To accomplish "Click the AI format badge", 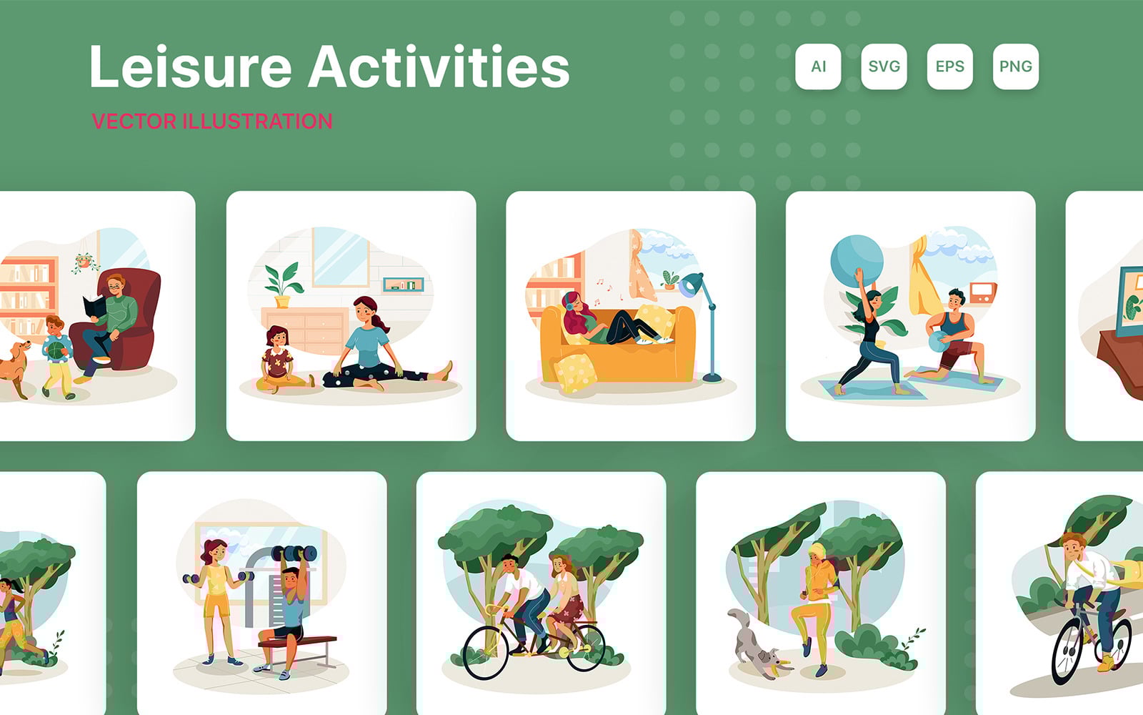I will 818,66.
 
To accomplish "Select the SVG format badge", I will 884,66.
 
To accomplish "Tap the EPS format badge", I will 949,66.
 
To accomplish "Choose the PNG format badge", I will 1015,66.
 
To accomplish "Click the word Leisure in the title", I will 190,67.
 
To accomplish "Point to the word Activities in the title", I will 439,67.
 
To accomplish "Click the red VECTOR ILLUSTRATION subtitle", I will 212,122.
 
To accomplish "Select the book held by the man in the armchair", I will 94,307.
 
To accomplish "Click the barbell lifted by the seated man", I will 294,553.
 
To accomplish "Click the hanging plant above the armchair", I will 85,262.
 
